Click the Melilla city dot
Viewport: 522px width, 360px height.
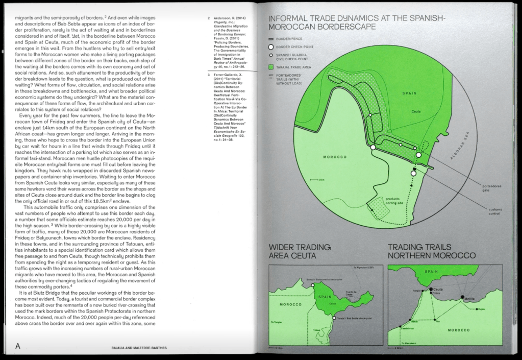(462, 297)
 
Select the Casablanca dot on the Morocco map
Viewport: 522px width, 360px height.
(408, 323)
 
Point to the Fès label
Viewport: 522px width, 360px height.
(437, 320)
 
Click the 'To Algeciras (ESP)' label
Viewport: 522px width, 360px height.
(363, 268)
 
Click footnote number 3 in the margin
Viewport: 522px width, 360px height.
(209, 75)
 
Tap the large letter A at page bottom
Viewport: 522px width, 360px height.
(18, 346)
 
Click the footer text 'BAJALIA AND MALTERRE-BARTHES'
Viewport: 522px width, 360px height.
(139, 348)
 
